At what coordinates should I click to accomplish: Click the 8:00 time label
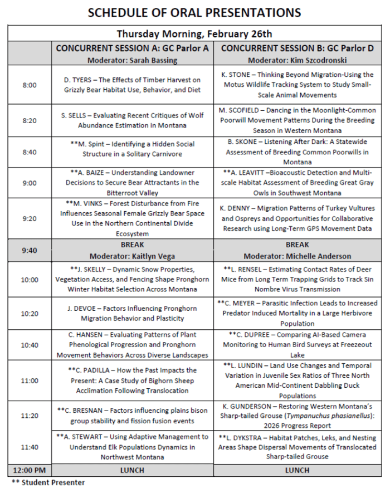point(29,85)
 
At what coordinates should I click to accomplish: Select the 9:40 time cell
point(29,250)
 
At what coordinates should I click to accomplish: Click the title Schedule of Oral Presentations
point(194,12)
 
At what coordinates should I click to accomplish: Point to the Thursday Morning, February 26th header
point(194,34)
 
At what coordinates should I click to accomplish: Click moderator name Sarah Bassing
point(150,59)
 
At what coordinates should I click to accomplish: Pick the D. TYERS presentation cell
point(132,85)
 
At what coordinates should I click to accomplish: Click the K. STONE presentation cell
point(297,85)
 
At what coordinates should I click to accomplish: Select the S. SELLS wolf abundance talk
point(132,120)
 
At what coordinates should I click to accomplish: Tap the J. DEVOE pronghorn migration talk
point(132,313)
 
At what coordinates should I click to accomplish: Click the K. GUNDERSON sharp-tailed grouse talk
point(297,416)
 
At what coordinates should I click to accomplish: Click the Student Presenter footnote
point(48,482)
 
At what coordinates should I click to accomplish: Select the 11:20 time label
point(29,416)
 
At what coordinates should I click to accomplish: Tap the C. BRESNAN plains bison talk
point(132,416)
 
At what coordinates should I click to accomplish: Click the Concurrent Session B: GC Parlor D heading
point(297,48)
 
